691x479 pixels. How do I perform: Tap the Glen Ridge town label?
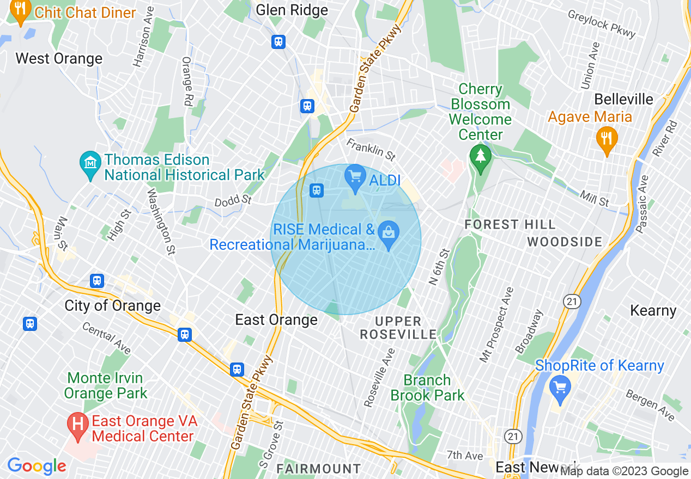292,10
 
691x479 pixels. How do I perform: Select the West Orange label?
59,58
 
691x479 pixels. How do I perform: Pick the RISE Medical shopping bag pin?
389,235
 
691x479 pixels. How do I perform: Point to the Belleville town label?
623,99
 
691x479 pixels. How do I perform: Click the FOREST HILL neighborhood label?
510,224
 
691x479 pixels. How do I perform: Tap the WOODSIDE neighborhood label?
565,242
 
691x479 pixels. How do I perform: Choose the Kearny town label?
653,310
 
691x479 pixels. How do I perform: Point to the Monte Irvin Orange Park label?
105,385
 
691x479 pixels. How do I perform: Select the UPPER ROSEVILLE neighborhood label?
398,328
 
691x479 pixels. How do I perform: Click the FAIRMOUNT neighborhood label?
318,468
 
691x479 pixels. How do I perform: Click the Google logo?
37,466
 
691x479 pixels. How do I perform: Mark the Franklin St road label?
371,150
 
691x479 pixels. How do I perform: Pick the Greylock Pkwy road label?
602,24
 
